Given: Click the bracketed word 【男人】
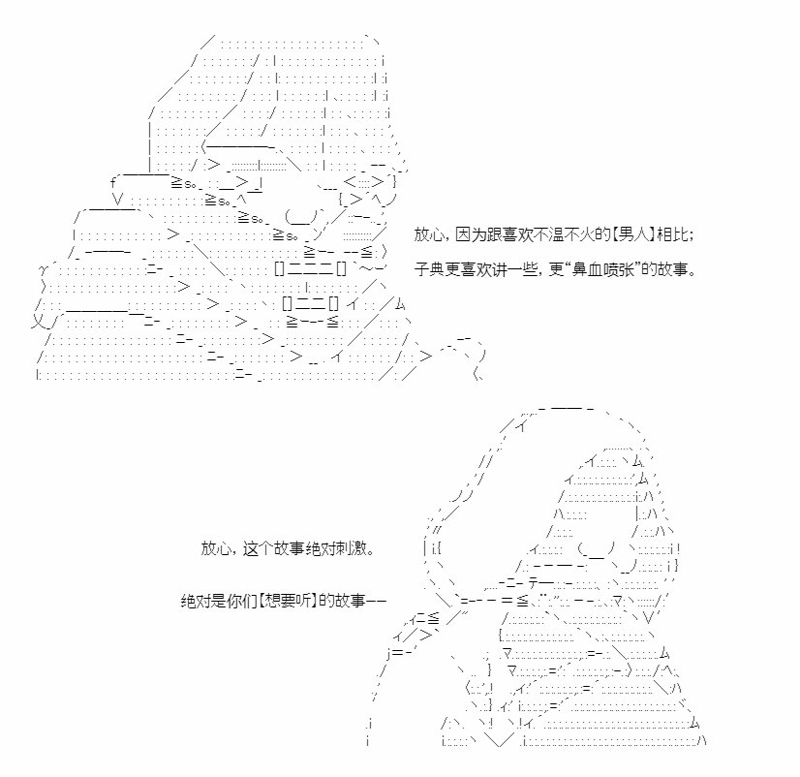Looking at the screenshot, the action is (634, 234).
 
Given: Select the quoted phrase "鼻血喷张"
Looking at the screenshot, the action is (602, 269).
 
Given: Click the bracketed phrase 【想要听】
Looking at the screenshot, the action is (289, 601).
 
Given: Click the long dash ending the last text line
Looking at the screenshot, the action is (376, 601).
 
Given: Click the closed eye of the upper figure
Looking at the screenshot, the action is (301, 216).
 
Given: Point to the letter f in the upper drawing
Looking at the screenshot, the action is (113, 182).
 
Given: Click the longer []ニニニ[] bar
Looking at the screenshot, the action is (310, 268).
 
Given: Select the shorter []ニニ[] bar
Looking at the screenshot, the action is (310, 304).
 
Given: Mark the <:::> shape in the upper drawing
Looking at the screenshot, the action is (363, 182).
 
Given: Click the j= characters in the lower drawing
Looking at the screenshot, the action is (396, 653).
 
